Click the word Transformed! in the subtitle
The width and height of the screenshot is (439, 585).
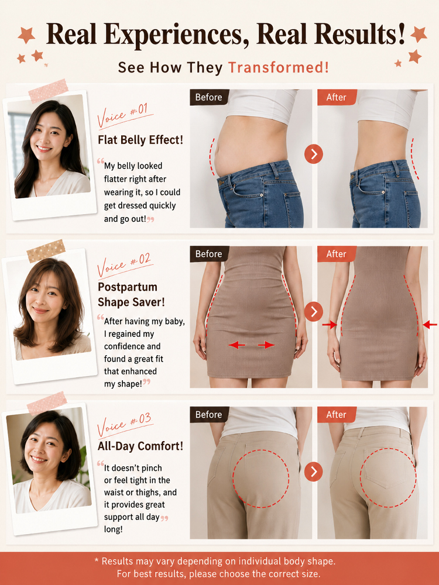[279, 67]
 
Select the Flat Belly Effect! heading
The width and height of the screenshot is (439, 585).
[140, 140]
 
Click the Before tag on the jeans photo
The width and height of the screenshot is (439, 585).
[209, 97]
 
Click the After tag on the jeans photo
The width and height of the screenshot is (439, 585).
[337, 97]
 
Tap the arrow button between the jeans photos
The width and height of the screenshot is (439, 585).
[314, 154]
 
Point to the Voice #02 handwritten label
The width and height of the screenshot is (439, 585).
[124, 265]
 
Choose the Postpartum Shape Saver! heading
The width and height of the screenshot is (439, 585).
[131, 294]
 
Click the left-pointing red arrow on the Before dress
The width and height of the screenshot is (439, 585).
[237, 345]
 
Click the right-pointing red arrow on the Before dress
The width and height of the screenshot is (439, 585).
[266, 345]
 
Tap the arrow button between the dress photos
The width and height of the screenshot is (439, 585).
[314, 311]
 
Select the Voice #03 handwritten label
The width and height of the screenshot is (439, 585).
[124, 425]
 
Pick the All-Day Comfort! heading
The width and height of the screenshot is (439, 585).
[140, 446]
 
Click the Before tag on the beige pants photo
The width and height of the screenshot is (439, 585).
[209, 415]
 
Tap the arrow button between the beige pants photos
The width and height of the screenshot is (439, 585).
[314, 472]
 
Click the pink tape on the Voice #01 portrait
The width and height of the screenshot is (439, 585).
[48, 91]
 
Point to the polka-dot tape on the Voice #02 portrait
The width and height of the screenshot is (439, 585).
[46, 251]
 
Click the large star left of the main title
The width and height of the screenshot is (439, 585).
[26, 35]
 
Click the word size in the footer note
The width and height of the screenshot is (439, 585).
[311, 573]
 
